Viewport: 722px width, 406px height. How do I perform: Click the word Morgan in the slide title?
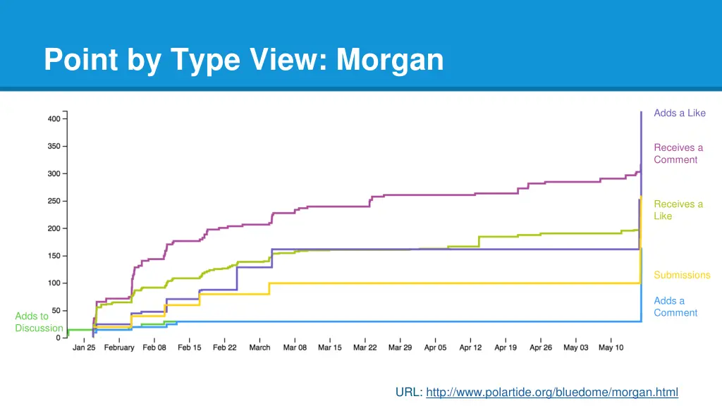tap(390, 60)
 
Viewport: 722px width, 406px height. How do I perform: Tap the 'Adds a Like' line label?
tap(679, 113)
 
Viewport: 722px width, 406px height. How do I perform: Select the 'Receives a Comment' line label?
tap(678, 154)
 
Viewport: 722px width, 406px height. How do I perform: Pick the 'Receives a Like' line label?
tap(678, 210)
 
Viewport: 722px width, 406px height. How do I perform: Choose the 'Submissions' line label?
tap(681, 275)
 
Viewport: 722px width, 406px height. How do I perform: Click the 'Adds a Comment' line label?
tap(675, 307)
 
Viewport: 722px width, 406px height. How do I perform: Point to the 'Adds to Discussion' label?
tap(39, 322)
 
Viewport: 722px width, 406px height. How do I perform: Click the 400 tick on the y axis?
tap(54, 119)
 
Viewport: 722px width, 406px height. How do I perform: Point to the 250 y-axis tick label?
tap(54, 202)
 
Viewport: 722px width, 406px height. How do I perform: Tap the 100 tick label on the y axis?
tap(54, 283)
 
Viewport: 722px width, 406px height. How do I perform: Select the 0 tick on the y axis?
tap(59, 338)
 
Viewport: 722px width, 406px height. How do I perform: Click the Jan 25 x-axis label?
tap(84, 347)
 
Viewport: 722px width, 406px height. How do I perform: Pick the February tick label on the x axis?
tap(119, 347)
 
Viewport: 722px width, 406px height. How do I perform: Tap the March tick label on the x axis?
tap(259, 347)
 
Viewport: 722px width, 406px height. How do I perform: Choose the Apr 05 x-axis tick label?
tap(435, 347)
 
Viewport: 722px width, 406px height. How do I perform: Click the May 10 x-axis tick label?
tap(611, 347)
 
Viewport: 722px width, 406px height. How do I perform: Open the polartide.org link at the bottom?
tap(552, 393)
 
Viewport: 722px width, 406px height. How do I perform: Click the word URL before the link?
tap(408, 393)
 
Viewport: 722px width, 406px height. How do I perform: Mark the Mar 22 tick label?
tap(365, 347)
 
